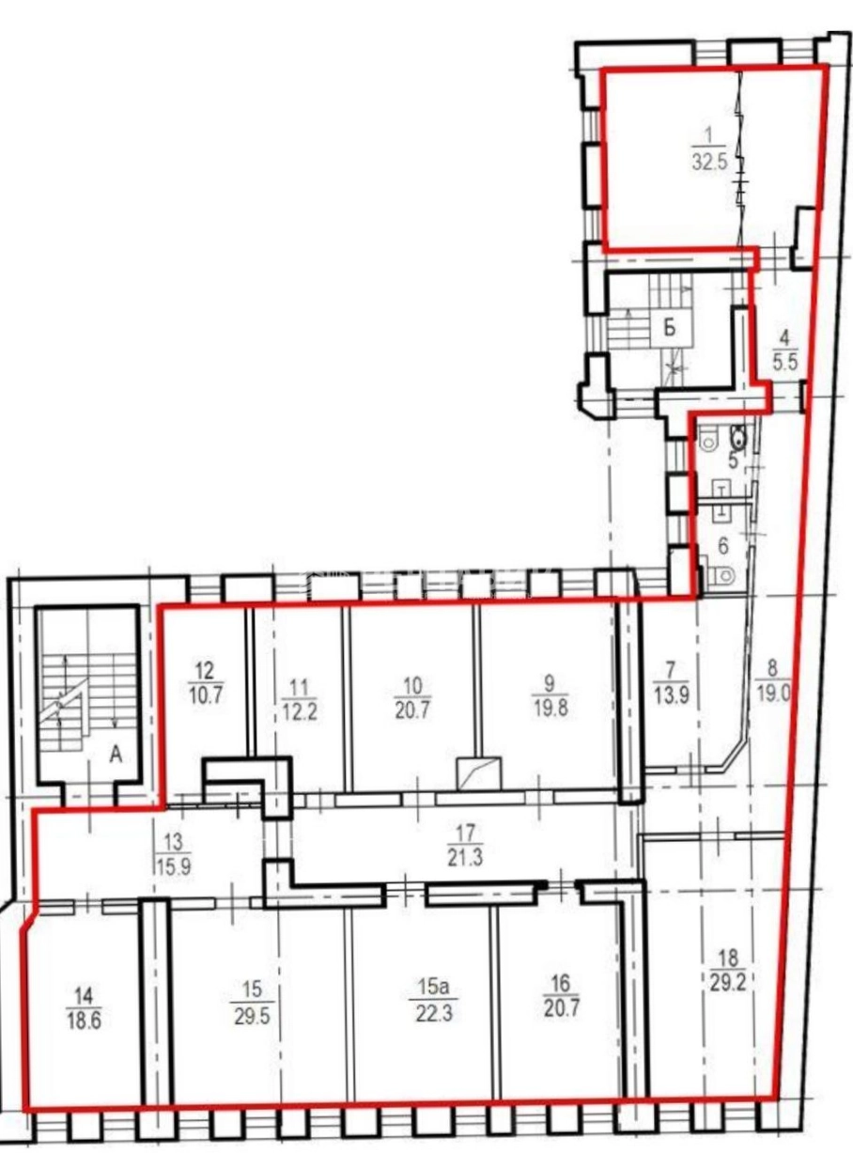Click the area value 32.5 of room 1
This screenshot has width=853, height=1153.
709,161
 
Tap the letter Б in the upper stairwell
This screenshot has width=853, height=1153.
671,329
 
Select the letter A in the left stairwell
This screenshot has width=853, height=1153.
116,755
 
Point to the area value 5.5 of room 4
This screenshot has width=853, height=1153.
785,361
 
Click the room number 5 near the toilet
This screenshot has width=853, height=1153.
734,460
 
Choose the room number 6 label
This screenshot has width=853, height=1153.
723,546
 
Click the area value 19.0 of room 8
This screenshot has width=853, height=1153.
773,694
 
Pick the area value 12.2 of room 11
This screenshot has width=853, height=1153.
301,710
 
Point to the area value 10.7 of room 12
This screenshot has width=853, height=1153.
206,694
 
